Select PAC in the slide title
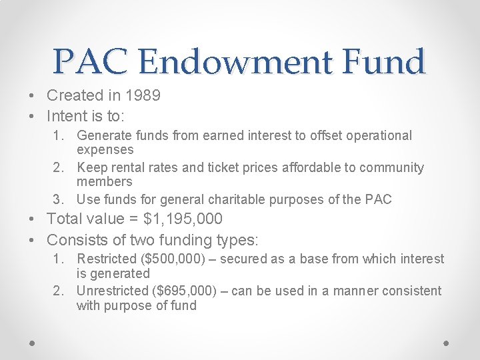pyautogui.click(x=93, y=63)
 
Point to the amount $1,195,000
pyautogui.click(x=183, y=219)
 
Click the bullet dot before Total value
pyautogui.click(x=33, y=219)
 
